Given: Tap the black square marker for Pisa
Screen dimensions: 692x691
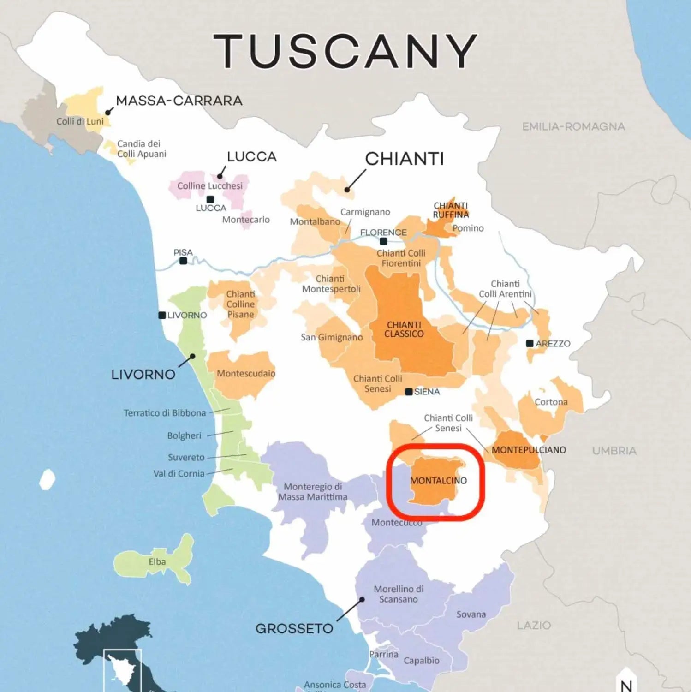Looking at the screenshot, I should (x=183, y=261).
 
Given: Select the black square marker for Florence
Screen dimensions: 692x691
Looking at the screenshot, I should (x=383, y=241).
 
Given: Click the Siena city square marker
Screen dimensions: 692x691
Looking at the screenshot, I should (x=409, y=392).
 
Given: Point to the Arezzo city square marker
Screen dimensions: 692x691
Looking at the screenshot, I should (x=530, y=343).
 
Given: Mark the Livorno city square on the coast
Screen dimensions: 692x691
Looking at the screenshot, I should (x=162, y=315).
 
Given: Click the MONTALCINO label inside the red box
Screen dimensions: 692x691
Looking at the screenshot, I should (x=438, y=481).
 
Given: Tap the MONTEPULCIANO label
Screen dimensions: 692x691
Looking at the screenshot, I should (x=529, y=450).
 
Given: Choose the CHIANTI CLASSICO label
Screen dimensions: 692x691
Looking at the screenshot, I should (x=404, y=329).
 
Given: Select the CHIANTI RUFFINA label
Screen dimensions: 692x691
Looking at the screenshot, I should (x=451, y=210).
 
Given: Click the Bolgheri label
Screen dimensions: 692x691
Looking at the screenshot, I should (x=184, y=435).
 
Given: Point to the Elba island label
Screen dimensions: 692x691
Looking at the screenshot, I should (x=157, y=561).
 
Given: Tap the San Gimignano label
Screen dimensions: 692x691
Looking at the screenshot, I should (x=332, y=337).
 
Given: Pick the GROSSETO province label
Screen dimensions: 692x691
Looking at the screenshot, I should (x=294, y=628).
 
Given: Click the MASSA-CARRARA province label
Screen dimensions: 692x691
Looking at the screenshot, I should (x=179, y=101).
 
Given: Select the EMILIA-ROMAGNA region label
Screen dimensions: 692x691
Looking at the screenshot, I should (x=573, y=126).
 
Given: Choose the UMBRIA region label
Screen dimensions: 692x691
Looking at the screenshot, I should (x=614, y=451).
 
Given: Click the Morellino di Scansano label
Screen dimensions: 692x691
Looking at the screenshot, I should (x=399, y=594).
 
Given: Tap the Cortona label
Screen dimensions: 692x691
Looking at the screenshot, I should (x=551, y=402).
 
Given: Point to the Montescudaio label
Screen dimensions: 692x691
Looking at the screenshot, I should (x=246, y=373).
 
